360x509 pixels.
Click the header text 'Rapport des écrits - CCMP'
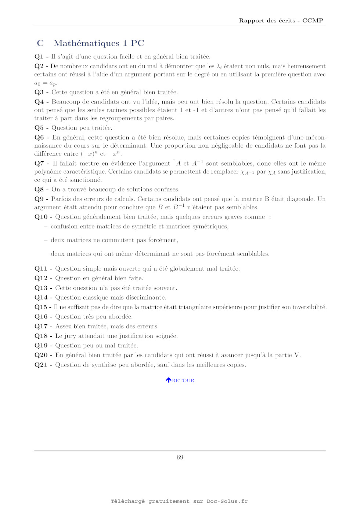point(281,21)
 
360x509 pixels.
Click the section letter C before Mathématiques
point(40,43)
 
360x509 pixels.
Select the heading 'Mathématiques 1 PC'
point(99,43)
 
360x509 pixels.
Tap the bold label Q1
point(39,57)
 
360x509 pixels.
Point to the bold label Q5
point(39,128)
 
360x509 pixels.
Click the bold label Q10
point(41,217)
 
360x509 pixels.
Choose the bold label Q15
point(41,307)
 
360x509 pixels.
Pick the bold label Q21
point(41,365)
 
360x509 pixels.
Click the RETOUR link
point(183,380)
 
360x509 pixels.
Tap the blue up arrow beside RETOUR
point(169,380)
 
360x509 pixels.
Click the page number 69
point(180,457)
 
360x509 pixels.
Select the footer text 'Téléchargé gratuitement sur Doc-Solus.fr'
point(179,501)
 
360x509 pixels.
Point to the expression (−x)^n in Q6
point(89,154)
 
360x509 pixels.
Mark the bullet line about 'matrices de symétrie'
point(140,227)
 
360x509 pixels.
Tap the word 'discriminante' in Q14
point(146,297)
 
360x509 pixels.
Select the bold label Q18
point(41,336)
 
